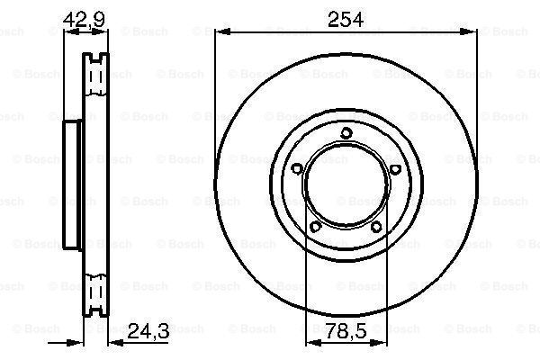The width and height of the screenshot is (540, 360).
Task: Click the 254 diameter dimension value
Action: click(x=346, y=19)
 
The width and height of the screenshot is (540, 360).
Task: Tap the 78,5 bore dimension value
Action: click(x=346, y=331)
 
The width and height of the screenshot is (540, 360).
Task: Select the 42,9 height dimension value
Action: click(x=84, y=19)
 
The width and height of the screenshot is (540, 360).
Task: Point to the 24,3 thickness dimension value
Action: click(x=148, y=331)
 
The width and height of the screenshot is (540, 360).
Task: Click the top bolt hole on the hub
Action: click(x=346, y=133)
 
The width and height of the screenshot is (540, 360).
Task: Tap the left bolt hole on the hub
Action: click(x=297, y=169)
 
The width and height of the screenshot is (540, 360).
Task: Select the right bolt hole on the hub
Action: click(x=395, y=169)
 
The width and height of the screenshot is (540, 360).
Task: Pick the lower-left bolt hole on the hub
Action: click(x=316, y=227)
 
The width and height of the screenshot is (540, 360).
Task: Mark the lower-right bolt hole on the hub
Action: click(x=376, y=227)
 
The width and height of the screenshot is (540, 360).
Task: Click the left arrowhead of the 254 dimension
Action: click(x=222, y=32)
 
